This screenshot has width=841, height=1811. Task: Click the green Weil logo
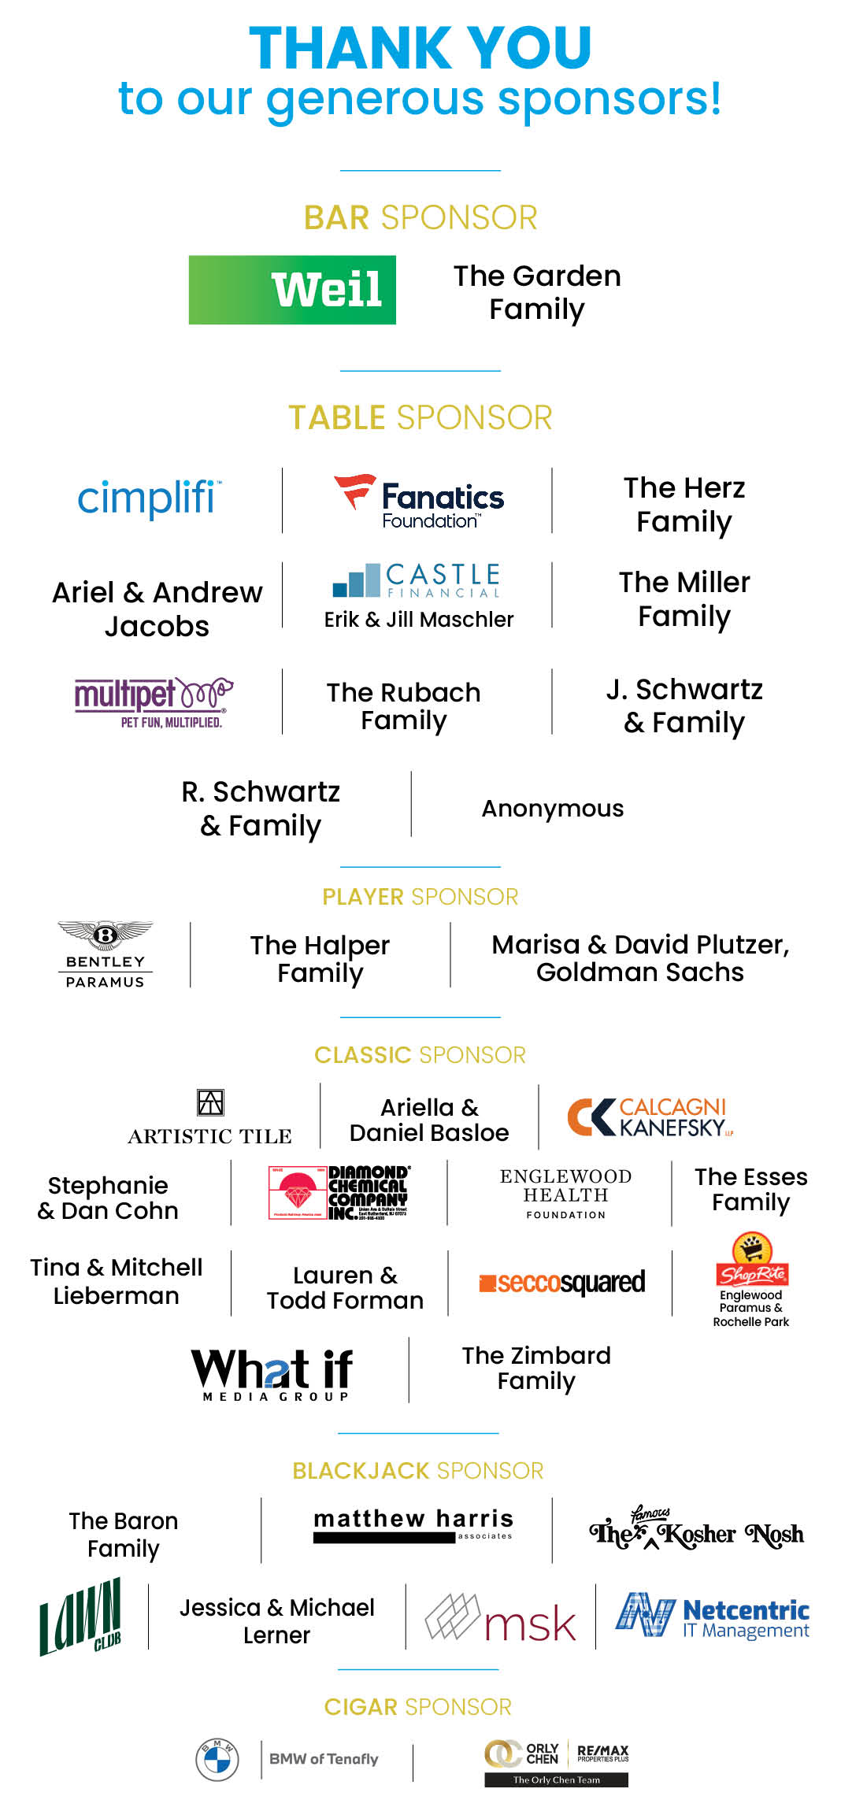[x=292, y=290]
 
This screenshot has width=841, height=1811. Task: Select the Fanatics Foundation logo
[x=419, y=502]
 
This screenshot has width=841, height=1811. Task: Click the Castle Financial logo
[x=417, y=580]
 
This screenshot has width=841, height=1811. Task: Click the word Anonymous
[x=552, y=809]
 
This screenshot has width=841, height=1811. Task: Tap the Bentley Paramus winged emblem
[x=106, y=935]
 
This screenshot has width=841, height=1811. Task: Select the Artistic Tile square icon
[x=210, y=1102]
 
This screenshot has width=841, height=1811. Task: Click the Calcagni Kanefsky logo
[x=650, y=1117]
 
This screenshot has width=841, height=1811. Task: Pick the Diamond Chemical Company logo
[x=339, y=1192]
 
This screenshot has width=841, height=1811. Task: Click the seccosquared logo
[x=562, y=1283]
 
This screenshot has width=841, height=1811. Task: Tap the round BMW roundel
[x=217, y=1759]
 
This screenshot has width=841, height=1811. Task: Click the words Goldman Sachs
[x=639, y=972]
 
